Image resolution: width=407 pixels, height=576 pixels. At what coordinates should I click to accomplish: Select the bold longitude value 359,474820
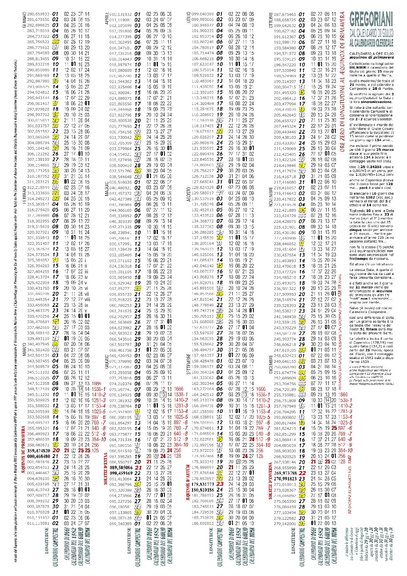point(39,450)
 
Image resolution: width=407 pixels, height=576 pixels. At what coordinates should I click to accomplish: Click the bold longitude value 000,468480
point(39,456)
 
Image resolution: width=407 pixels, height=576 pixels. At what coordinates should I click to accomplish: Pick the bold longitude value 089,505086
point(121,467)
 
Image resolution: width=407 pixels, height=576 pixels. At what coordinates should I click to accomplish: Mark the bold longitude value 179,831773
point(203,484)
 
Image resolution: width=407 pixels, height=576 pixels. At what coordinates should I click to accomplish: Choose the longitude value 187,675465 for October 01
point(285,14)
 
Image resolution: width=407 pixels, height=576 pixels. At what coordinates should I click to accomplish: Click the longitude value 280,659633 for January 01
point(39,14)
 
